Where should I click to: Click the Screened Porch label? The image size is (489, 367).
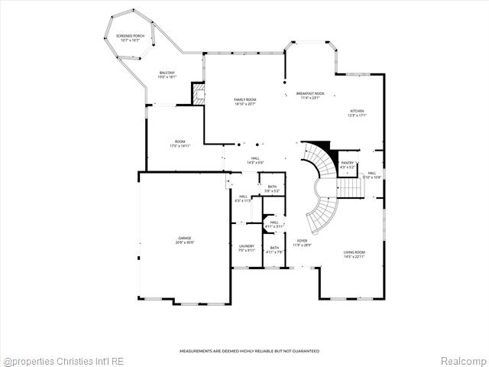[129, 37]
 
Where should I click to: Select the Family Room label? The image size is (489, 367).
[244, 102]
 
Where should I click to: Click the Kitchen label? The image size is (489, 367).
[358, 113]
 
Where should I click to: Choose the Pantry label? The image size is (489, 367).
[348, 164]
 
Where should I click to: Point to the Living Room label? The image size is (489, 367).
[353, 254]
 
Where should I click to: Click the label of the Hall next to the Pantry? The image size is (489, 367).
[372, 174]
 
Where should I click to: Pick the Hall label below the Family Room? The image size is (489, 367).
[254, 161]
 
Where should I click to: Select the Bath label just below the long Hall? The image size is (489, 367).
[272, 189]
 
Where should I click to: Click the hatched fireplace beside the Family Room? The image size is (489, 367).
[198, 94]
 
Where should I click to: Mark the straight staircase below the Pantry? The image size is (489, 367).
[348, 187]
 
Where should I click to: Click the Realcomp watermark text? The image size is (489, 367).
[461, 360]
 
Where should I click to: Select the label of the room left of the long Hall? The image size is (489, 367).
[180, 143]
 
